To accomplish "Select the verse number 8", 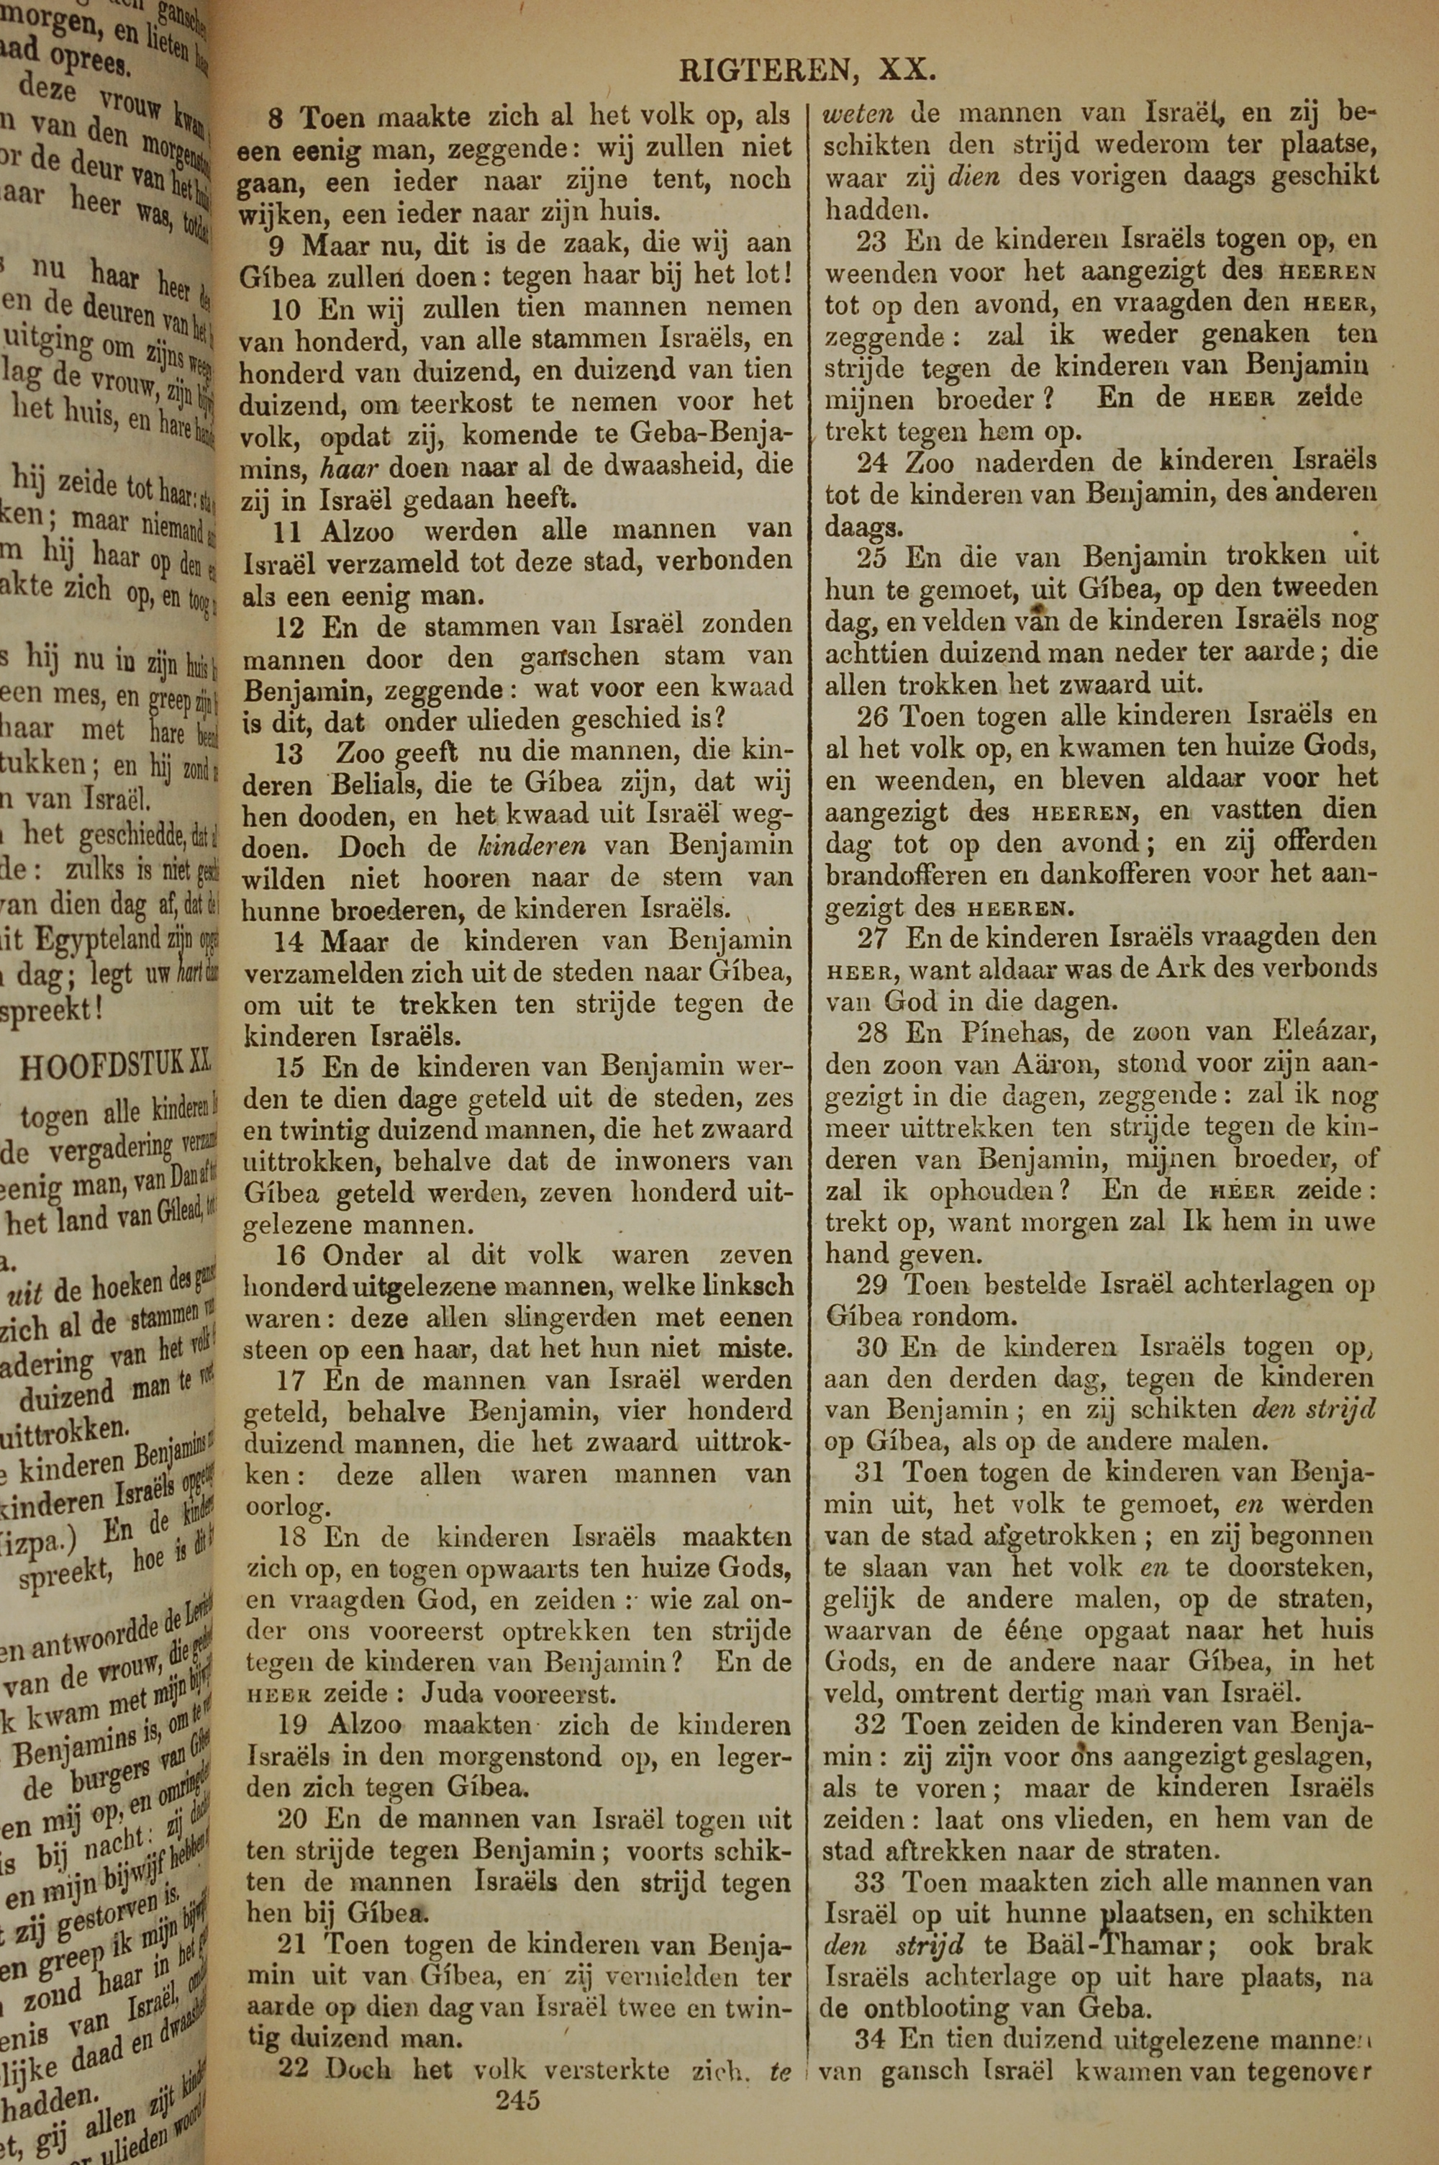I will point(276,118).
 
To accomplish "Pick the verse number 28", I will point(871,1033).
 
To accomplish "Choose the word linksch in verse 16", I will point(752,1288).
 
